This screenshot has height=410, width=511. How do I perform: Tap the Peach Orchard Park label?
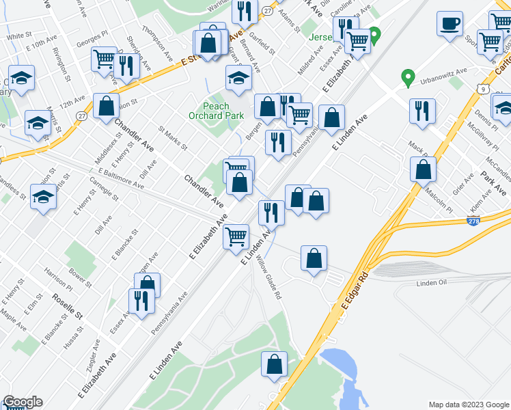pyautogui.click(x=223, y=111)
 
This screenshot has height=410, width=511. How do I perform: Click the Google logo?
pyautogui.click(x=23, y=402)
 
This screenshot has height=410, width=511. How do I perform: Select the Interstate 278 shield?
pyautogui.click(x=473, y=221)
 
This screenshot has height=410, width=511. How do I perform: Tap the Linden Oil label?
pyautogui.click(x=432, y=283)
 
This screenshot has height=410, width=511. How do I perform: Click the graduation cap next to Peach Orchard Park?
pyautogui.click(x=238, y=79)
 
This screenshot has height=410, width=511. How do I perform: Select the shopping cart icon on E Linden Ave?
pyautogui.click(x=236, y=237)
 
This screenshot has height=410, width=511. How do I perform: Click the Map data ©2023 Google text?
pyautogui.click(x=468, y=404)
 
